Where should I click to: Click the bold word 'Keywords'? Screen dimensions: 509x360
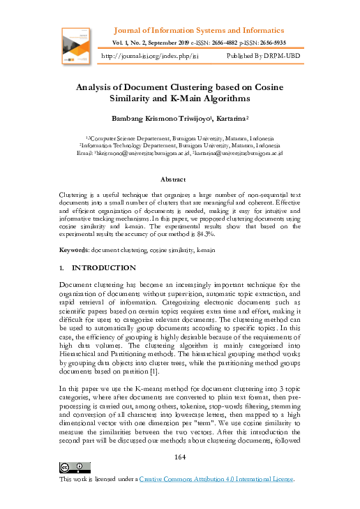pyautogui.click(x=77, y=249)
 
